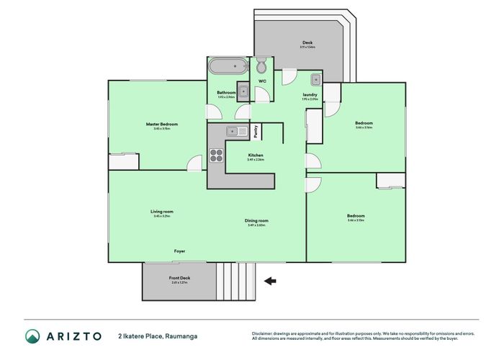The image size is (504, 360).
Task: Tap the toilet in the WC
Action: coord(262,67)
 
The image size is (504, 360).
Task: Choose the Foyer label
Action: coord(179,251)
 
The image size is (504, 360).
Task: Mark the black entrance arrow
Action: coord(271,281)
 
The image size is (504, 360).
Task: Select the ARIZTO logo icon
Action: coord(32,336)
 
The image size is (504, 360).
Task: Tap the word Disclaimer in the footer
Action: coord(264,333)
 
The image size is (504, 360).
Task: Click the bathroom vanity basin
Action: coord(243,91)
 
